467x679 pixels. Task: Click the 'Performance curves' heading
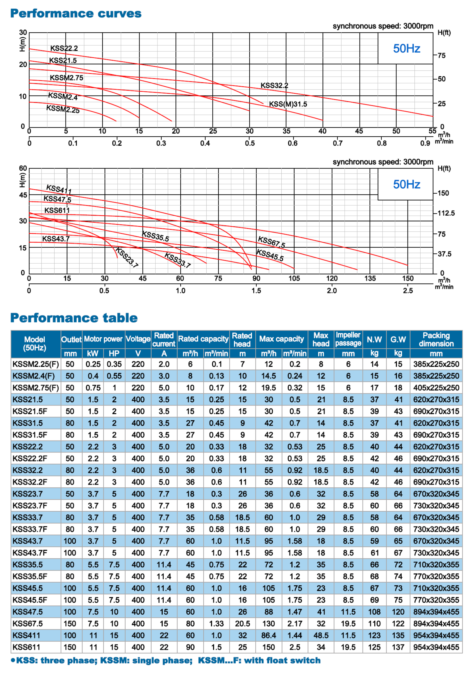pos(76,14)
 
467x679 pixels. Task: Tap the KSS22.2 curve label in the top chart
pos(64,48)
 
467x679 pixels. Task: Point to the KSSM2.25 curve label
pos(63,109)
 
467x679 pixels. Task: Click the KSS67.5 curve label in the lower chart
pos(271,242)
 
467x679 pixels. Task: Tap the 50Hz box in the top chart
pos(406,49)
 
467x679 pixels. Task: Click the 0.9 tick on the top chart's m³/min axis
pos(425,143)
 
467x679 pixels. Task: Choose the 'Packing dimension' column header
pos(436,339)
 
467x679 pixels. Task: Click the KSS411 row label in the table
pos(27,635)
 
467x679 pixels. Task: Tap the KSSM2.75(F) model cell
pos(36,388)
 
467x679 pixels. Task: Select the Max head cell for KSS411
pos(321,635)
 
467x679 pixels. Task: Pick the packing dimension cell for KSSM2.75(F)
pos(436,388)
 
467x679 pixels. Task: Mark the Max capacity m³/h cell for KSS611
pos(268,647)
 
